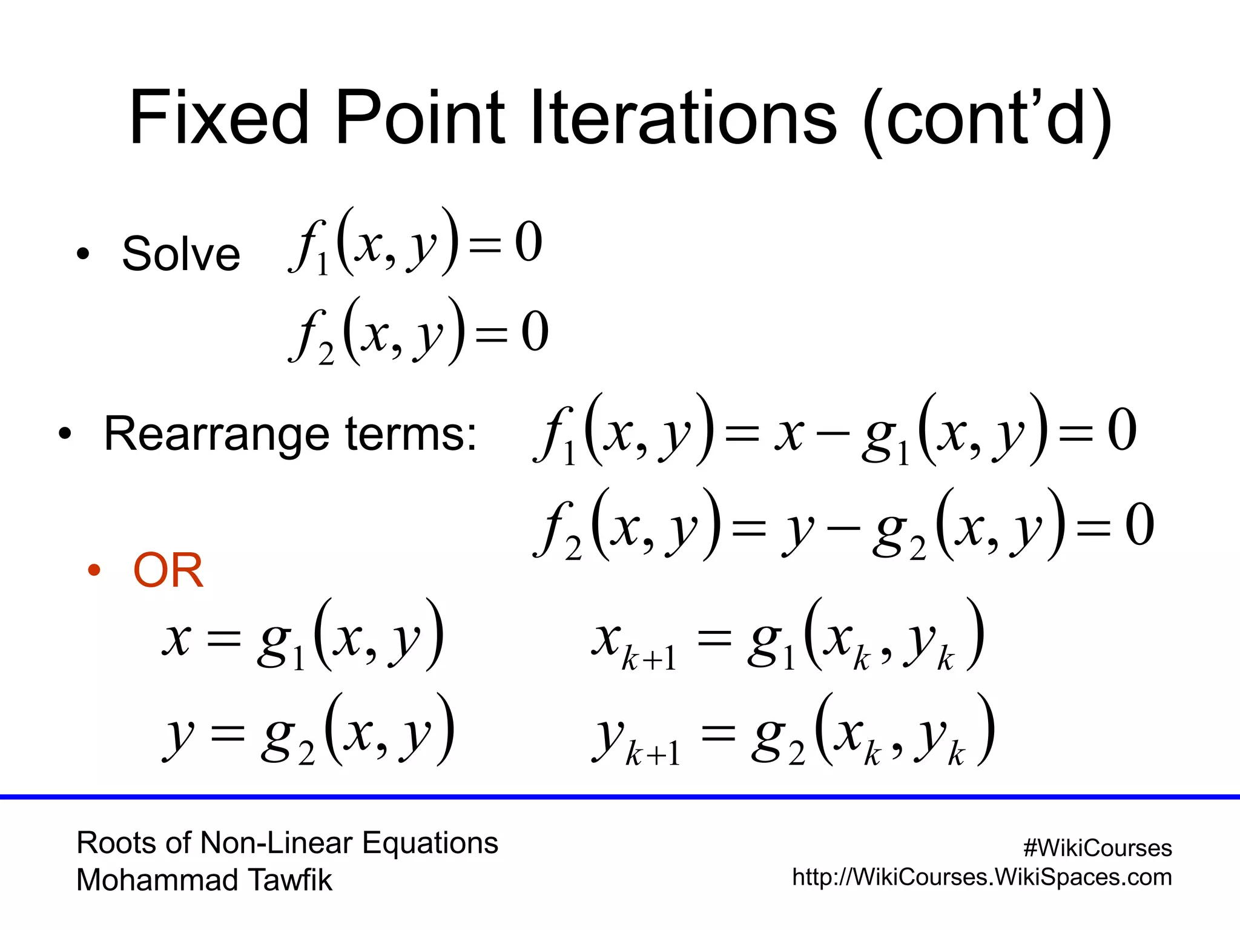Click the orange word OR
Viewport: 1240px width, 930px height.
(x=168, y=570)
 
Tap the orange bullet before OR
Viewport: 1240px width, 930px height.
(x=93, y=570)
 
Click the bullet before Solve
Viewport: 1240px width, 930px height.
(x=83, y=254)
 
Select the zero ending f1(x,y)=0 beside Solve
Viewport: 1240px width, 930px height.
(x=528, y=242)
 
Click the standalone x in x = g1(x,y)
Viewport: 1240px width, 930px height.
(x=177, y=639)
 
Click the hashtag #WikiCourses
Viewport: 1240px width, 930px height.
(x=1097, y=848)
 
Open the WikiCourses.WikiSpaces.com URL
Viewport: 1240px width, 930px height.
(x=981, y=877)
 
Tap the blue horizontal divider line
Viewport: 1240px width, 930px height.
(x=620, y=797)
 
